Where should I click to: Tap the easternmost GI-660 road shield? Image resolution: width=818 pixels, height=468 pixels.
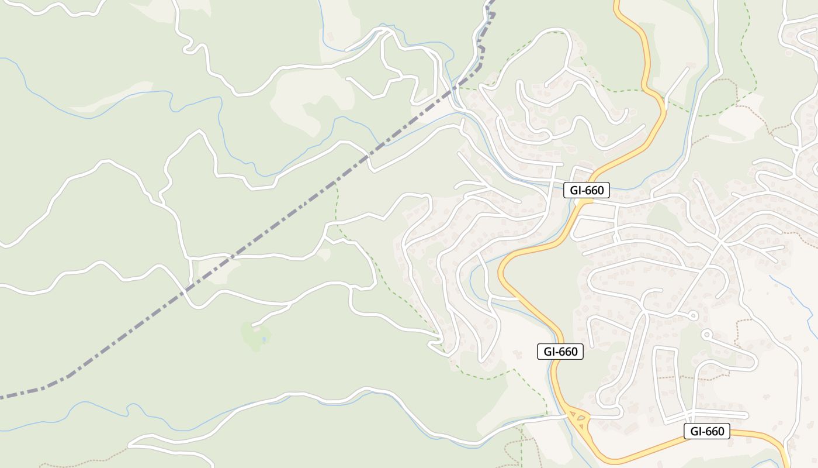click(707, 432)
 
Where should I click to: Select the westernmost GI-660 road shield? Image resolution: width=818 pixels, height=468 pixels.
click(560, 352)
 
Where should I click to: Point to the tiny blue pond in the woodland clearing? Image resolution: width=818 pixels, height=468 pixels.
click(264, 339)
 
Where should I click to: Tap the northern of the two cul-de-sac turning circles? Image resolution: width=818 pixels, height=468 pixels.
click(693, 316)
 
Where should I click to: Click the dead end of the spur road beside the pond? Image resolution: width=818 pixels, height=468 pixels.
click(252, 324)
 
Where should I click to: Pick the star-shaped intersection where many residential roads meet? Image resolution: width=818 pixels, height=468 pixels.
click(720, 242)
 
